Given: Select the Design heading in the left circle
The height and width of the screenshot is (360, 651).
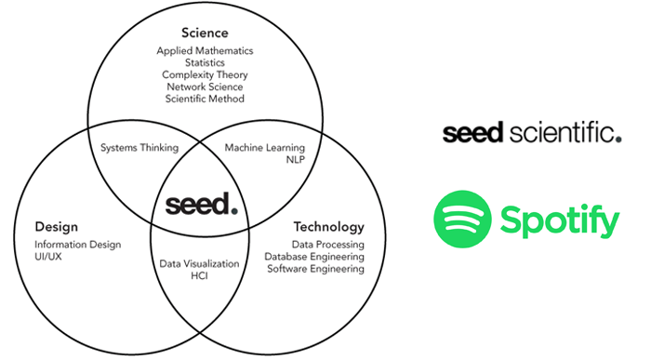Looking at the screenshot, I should pos(56,226).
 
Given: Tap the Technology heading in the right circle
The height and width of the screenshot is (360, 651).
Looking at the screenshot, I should pos(329,227).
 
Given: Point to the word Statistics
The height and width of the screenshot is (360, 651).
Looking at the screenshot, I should pos(204,62).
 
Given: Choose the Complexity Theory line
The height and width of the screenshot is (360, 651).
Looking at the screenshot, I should pos(204,74).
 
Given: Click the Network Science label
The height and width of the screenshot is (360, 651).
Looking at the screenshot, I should pos(204,87).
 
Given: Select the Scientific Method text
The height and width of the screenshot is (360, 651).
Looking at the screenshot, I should pos(205,99).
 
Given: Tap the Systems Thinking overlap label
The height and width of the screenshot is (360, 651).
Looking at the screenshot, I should pos(139,147).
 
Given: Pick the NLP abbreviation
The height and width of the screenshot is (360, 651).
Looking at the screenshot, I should pos(296,160).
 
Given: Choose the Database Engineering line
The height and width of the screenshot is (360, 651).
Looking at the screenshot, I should pos(314,257).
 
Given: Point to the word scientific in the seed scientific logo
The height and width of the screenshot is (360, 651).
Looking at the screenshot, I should pos(564,133).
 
